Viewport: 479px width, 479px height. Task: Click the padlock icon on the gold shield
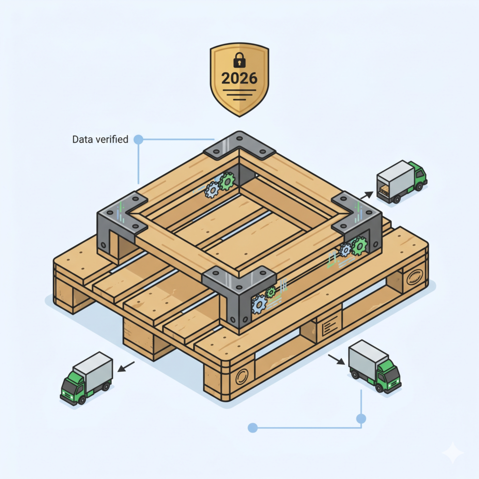coord(239,60)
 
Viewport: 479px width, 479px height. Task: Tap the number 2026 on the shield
coord(239,79)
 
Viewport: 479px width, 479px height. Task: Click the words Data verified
coord(100,139)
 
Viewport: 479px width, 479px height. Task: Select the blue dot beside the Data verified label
coord(138,139)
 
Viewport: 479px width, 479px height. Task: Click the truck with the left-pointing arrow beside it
coord(87,378)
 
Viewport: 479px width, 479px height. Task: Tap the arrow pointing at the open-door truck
coord(367,195)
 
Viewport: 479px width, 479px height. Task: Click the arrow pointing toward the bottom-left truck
coord(126,367)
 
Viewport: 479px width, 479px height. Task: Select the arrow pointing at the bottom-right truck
coord(337,360)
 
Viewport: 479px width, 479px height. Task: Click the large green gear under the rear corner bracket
coord(227,181)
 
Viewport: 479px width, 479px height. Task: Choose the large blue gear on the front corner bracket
coord(259,304)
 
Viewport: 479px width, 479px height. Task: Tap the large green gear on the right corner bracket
coord(359,246)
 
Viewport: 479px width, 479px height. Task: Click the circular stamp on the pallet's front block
coord(242,377)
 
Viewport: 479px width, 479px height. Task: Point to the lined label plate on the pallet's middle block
coord(330,325)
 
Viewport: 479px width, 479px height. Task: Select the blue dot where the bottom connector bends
coord(361,419)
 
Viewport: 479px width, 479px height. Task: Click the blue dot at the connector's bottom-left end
coord(253,428)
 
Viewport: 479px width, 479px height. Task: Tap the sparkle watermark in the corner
coord(454,453)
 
